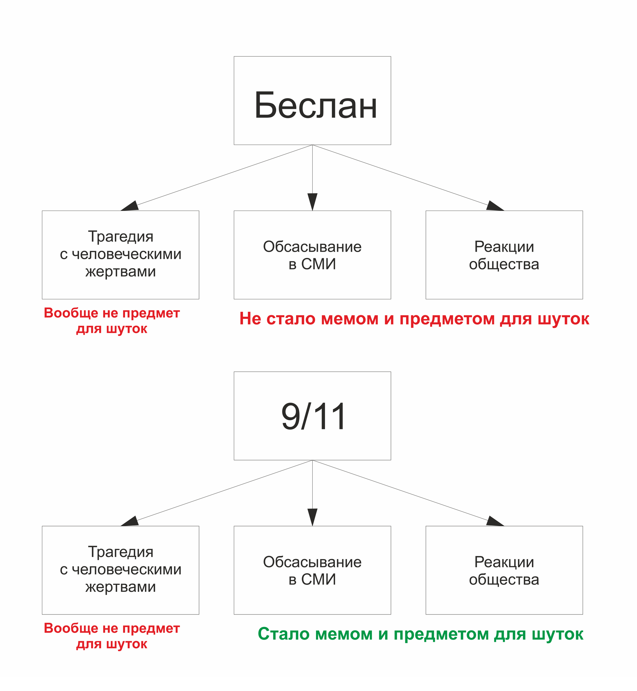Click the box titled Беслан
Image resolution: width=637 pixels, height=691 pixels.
click(312, 101)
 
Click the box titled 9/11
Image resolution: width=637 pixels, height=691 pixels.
click(312, 416)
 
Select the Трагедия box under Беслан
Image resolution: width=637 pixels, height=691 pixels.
click(120, 255)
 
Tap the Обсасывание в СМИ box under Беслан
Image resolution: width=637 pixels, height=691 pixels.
click(312, 255)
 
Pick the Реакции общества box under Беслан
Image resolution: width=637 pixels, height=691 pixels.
click(504, 255)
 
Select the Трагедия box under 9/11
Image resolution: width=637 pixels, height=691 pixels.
click(120, 570)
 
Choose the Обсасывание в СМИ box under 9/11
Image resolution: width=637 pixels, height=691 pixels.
click(312, 570)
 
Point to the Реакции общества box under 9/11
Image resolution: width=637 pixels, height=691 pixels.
click(504, 570)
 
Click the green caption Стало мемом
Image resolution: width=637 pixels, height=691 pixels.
click(421, 634)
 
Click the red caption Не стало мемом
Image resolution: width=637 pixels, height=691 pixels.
click(414, 319)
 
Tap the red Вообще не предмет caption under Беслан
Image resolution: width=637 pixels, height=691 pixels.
click(112, 321)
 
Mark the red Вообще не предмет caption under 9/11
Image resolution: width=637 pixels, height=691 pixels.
click(112, 636)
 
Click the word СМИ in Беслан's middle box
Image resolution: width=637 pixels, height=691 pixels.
click(318, 264)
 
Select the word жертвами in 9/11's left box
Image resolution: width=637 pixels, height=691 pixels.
click(121, 587)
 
